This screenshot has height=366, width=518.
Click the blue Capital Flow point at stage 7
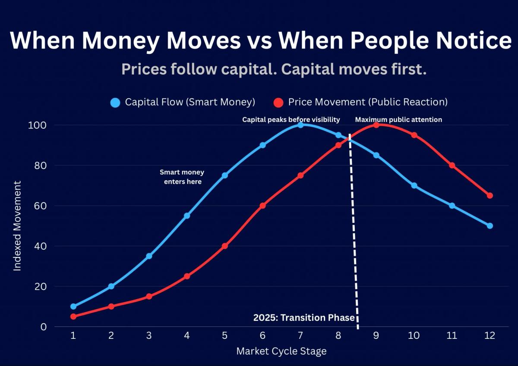coord(300,125)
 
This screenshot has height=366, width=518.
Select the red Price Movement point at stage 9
coord(376,125)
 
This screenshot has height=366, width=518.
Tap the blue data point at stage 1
coord(73,307)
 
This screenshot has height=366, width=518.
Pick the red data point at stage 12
coord(490,196)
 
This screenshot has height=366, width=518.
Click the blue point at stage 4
coord(187,216)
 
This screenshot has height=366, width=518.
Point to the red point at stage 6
coord(262,206)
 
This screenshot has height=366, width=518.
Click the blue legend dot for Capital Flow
coord(115,103)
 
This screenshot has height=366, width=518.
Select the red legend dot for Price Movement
coord(278,103)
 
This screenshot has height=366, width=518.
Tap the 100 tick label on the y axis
coord(38,125)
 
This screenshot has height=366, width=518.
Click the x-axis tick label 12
coord(490,335)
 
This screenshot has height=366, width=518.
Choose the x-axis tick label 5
coord(224,335)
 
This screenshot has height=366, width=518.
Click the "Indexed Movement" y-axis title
coord(17,226)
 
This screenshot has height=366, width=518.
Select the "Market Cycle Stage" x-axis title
coord(281,351)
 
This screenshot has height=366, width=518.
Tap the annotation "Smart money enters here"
coord(182,177)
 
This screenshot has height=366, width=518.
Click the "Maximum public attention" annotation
coord(398,119)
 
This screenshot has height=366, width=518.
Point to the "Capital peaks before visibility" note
coord(291,119)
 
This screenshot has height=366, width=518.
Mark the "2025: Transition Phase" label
coord(303,318)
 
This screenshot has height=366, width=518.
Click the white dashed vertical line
coord(354,233)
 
